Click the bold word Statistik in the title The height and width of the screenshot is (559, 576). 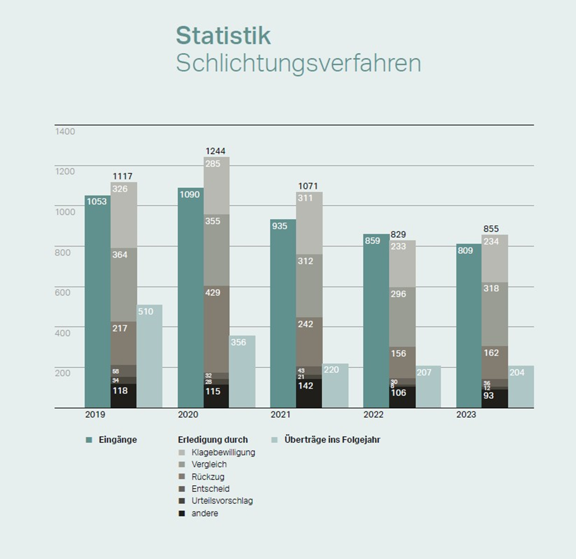[x=223, y=35]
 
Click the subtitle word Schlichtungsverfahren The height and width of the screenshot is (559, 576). [x=298, y=63]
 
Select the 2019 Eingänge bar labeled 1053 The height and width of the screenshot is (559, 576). [x=97, y=299]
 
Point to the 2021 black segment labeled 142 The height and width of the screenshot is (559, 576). [x=309, y=393]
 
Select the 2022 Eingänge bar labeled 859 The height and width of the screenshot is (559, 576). [x=375, y=320]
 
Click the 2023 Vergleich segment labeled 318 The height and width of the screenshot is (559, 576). [x=494, y=314]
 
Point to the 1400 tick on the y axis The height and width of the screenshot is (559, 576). [x=65, y=131]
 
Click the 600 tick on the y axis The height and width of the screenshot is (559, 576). [x=63, y=292]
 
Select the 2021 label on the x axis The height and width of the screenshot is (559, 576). [x=281, y=415]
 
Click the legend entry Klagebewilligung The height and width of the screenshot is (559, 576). [x=222, y=452]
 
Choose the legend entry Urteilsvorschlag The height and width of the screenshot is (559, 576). [x=221, y=501]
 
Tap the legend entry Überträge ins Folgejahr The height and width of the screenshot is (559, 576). [x=332, y=439]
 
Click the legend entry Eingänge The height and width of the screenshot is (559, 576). [x=117, y=439]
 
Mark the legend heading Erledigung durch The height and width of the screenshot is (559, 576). [x=213, y=439]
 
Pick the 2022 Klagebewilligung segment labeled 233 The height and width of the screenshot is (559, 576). [x=402, y=264]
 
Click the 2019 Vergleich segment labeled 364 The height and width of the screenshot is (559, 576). [x=124, y=284]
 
